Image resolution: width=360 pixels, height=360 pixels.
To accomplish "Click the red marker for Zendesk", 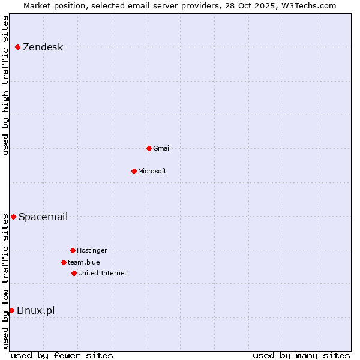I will tap(18, 47).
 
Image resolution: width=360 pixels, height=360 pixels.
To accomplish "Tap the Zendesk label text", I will tap(43, 47).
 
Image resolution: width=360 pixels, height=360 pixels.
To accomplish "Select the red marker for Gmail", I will tap(149, 148).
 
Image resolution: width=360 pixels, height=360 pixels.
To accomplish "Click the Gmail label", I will tap(162, 148).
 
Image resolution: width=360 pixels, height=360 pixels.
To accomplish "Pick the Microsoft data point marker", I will tap(134, 171).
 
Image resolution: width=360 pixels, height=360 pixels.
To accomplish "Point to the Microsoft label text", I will tap(152, 171).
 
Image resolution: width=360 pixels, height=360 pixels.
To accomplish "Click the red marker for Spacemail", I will tap(13, 217).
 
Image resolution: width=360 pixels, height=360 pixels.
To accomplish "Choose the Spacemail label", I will tap(43, 217).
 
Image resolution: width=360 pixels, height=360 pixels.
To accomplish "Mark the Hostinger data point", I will tap(73, 250).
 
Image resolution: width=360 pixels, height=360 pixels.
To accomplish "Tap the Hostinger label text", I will tap(92, 250).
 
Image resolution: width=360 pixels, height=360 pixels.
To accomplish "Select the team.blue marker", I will tap(64, 262).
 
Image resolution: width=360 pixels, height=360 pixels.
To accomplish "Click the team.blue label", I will tap(83, 262).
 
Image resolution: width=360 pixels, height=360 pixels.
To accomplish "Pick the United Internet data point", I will tap(74, 273).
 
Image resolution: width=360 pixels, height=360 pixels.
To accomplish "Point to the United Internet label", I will tap(102, 273).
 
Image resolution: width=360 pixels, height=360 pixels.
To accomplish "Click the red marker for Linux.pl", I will tap(11, 310).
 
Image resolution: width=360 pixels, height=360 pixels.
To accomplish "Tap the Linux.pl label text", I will tap(35, 310).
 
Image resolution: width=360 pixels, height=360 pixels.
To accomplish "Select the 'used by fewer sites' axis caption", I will tap(62, 355).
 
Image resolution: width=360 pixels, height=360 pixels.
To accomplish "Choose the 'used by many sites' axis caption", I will tap(301, 355).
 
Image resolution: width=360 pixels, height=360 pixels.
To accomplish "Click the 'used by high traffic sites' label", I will tap(5, 85).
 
